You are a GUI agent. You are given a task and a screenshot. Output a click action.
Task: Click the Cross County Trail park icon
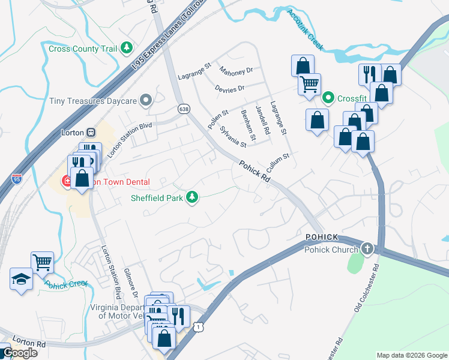(x=126, y=47)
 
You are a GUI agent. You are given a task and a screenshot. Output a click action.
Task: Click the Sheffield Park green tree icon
(x=192, y=196)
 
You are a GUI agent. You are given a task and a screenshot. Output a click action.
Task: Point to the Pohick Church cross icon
(x=366, y=249)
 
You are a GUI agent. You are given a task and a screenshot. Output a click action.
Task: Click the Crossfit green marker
(x=328, y=98)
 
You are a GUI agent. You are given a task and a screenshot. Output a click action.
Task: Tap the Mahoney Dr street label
(x=236, y=71)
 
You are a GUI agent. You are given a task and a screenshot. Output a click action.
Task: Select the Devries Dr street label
(x=230, y=88)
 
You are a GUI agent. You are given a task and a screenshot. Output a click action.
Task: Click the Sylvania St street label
(x=233, y=136)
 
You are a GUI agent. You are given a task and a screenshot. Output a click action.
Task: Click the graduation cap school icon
(x=21, y=278)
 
